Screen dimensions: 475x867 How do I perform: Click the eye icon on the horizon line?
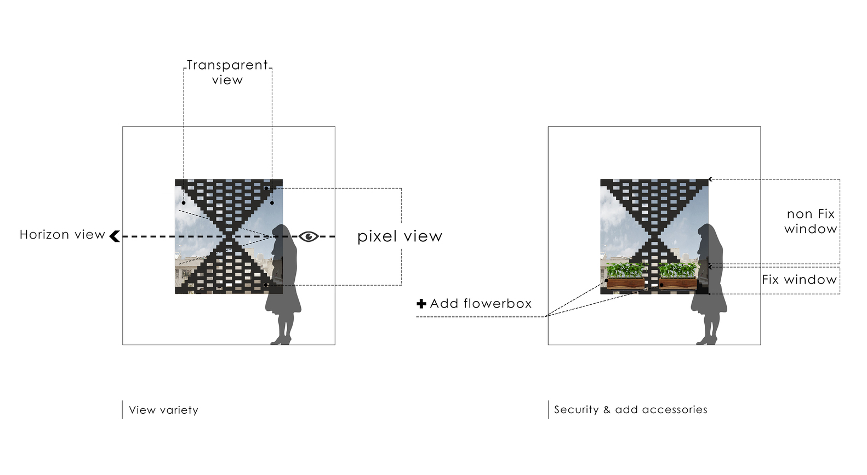(x=309, y=236)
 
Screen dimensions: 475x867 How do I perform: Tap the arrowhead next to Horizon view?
(x=115, y=236)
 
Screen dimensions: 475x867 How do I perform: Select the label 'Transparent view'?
(x=227, y=72)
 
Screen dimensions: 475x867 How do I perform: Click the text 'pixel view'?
(x=400, y=236)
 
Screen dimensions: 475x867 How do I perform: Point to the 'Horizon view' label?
(x=62, y=235)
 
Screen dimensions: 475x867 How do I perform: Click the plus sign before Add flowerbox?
(x=421, y=304)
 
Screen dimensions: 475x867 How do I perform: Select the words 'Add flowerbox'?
(x=481, y=304)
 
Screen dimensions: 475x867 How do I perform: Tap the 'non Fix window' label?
(x=811, y=221)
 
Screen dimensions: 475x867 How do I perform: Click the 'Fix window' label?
(x=799, y=280)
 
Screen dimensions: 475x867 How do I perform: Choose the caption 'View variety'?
(x=163, y=410)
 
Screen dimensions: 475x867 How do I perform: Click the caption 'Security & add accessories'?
(x=630, y=409)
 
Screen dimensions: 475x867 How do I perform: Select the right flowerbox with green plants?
(x=677, y=276)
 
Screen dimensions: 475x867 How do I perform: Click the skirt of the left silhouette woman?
(x=284, y=298)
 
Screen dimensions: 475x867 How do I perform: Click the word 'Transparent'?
(x=227, y=65)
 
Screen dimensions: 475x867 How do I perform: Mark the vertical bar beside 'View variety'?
(x=122, y=410)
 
